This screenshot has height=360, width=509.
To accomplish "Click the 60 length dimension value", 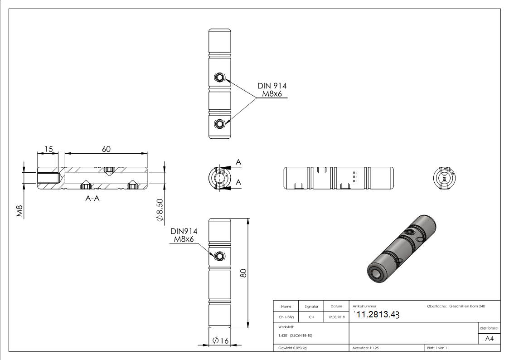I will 106,149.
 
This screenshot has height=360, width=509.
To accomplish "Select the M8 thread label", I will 20,211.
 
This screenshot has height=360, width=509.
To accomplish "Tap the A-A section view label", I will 92,198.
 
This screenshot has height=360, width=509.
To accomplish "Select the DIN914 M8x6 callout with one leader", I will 184,235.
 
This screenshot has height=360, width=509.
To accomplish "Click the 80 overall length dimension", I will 243,273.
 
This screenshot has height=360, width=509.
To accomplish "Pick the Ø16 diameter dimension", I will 221,341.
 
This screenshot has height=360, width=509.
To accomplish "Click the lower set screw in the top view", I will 220,123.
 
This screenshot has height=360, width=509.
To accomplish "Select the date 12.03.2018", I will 336,317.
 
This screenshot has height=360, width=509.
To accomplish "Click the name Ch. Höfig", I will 286,317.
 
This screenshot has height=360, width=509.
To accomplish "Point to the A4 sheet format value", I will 489,339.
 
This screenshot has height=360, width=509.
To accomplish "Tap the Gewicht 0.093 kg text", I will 293,348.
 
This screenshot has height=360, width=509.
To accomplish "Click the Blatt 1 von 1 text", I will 437,348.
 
